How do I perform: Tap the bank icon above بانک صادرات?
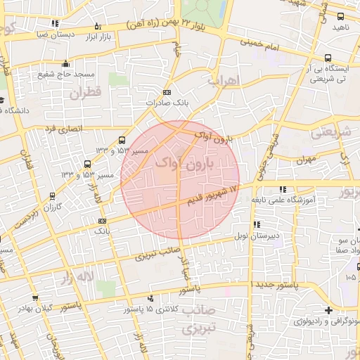[166, 92]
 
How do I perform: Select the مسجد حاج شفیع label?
[67, 75]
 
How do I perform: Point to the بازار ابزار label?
[103, 36]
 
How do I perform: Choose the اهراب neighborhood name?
[224, 79]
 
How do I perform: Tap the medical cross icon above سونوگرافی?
[328, 310]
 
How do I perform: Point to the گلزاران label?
[53, 207]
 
